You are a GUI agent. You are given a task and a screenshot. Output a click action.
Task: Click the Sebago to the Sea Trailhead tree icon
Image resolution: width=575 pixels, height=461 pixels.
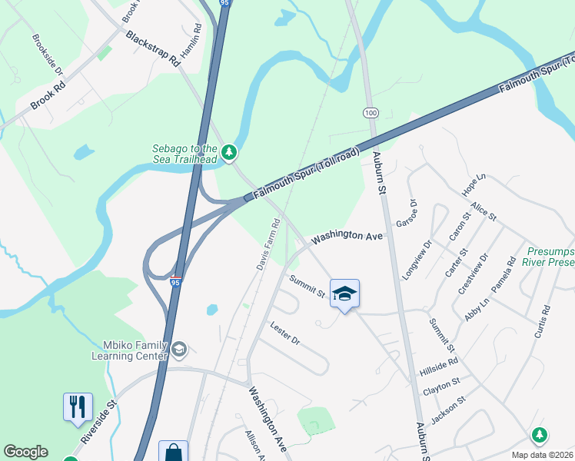228,153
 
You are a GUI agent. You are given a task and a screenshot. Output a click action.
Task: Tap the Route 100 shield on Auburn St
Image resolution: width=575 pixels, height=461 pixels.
371,113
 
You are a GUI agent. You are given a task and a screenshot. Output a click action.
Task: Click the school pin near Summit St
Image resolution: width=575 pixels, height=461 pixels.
345,294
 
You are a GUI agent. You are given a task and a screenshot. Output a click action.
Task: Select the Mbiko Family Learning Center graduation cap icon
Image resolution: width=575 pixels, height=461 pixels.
179,350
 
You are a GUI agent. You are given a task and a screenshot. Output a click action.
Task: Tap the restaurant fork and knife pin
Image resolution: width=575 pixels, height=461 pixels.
78,407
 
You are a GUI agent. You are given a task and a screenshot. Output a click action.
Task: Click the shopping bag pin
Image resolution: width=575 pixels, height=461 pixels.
173,452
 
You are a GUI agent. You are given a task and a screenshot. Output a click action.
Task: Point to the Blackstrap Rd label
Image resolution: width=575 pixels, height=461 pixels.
152,49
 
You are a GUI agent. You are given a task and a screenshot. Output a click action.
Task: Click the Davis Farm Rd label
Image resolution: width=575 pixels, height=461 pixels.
268,244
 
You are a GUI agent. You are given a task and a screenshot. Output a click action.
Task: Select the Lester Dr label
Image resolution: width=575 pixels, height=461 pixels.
284,333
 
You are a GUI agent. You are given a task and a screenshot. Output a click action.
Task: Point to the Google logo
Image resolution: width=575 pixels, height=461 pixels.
25,452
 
